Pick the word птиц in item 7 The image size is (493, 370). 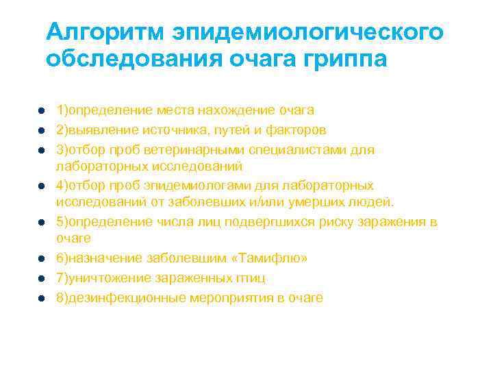[x=251, y=277]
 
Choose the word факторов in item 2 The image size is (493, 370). [x=298, y=129]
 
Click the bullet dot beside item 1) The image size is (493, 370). [x=42, y=110]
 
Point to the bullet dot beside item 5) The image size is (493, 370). [x=42, y=223]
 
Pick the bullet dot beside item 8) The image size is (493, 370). [x=42, y=298]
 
